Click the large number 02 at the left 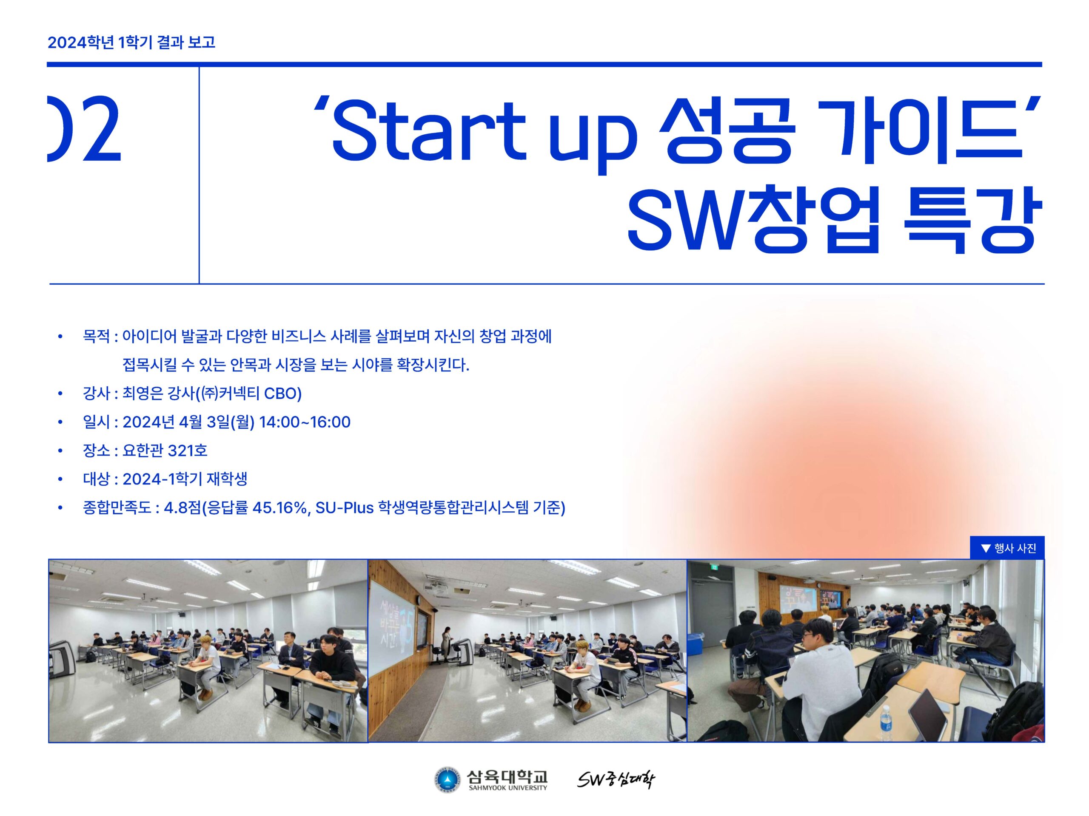[x=84, y=129]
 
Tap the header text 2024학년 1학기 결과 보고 [x=131, y=42]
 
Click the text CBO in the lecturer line [x=282, y=394]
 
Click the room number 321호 [x=188, y=450]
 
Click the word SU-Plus [x=345, y=507]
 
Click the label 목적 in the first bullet [x=97, y=337]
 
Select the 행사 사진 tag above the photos [x=1007, y=548]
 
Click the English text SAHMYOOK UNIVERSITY [x=507, y=788]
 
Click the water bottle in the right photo [x=886, y=723]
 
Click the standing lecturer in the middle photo [x=447, y=645]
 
